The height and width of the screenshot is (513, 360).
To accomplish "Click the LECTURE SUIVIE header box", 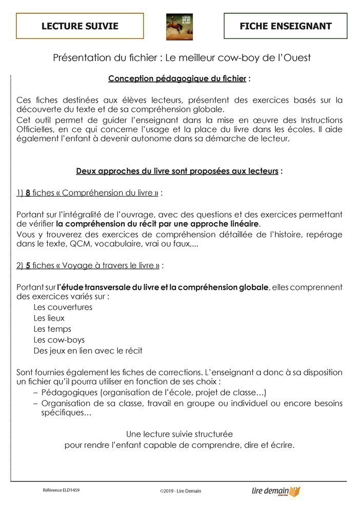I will [x=79, y=26].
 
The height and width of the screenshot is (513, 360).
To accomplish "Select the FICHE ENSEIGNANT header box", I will [x=285, y=26].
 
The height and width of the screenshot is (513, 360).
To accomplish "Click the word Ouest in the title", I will [x=297, y=57].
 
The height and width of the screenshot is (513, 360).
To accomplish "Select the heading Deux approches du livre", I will [x=177, y=171].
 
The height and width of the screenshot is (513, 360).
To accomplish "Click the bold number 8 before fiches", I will [x=28, y=193].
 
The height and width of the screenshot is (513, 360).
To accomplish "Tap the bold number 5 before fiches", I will [x=28, y=265].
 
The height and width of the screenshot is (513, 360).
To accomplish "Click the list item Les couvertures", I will [x=63, y=307].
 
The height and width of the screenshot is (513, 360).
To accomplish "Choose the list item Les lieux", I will [x=49, y=318].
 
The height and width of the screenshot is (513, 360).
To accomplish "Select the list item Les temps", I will [x=52, y=329].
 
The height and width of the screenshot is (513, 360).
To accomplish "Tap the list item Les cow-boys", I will [x=59, y=340].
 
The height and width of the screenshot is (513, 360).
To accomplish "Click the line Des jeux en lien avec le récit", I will [x=88, y=351].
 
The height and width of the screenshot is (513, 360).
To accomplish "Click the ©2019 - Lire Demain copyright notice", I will [x=180, y=491].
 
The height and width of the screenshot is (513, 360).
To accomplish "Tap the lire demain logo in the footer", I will [x=274, y=491].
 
